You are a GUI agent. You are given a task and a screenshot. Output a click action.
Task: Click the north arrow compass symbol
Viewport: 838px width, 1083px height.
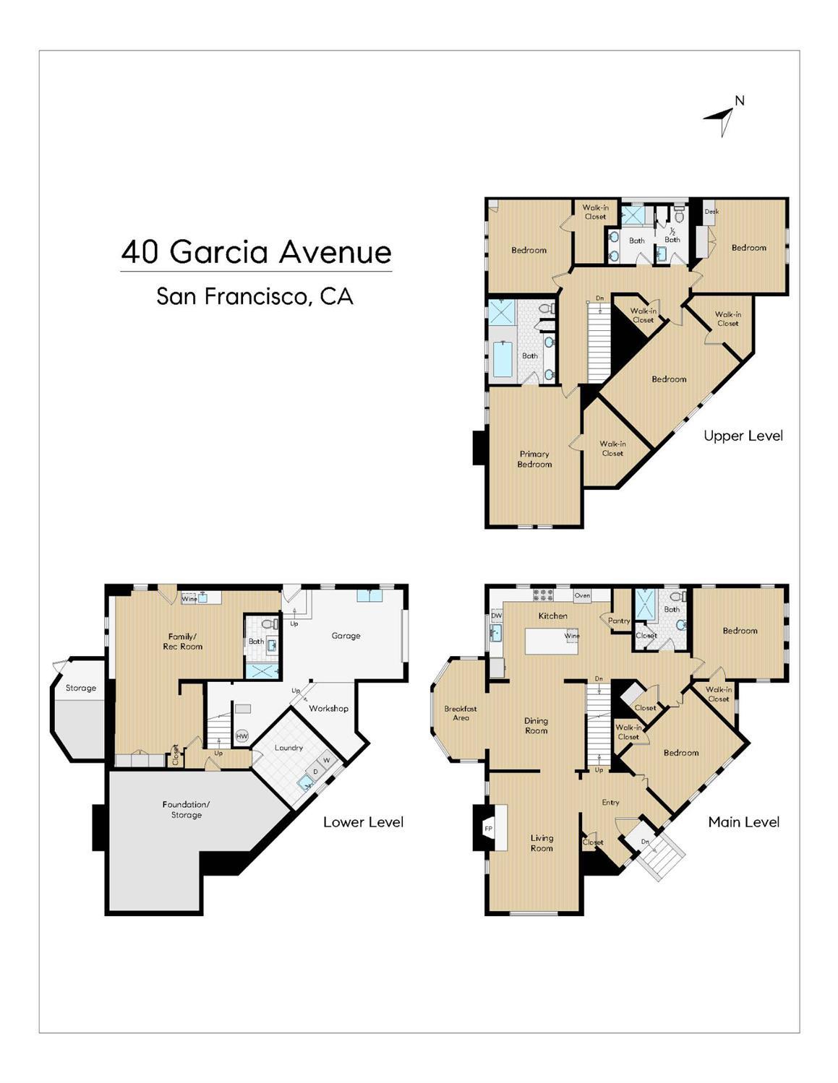[723, 118]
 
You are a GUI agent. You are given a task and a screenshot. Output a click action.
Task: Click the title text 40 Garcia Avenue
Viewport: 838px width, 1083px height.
[256, 252]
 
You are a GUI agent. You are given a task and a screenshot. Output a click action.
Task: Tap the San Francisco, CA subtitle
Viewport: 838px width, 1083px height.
[255, 296]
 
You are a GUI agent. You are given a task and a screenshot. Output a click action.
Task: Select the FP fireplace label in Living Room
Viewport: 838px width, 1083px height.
[488, 829]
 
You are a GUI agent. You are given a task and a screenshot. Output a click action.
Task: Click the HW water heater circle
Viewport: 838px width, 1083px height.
[241, 736]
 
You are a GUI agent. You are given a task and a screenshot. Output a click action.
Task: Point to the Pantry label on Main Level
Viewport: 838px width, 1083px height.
[619, 621]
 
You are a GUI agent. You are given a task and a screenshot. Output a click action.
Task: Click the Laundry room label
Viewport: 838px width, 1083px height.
[288, 748]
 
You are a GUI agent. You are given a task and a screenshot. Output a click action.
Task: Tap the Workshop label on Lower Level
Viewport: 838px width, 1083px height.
[328, 708]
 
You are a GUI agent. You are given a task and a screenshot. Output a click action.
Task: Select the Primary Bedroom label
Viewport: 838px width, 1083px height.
[534, 459]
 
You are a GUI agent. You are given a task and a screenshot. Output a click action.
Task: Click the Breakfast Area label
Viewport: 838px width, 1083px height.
[461, 713]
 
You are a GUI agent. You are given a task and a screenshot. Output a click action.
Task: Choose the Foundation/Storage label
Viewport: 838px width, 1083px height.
[186, 809]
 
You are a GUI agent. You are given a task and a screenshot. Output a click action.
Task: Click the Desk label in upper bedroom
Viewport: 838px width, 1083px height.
[711, 212]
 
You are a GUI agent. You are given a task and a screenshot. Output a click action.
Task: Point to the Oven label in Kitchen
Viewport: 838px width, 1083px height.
[582, 596]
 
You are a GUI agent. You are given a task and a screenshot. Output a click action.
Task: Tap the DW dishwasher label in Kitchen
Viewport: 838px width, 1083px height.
[496, 616]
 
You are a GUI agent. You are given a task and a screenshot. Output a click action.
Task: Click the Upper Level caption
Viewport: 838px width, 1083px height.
[743, 436]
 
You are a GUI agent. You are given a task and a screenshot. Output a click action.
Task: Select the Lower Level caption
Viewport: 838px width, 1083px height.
[363, 822]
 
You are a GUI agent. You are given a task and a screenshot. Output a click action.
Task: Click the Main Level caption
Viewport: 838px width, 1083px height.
[743, 822]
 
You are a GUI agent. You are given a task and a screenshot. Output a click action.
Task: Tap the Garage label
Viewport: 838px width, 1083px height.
[346, 636]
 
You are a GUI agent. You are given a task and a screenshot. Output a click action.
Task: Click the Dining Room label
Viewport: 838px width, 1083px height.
[536, 725]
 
